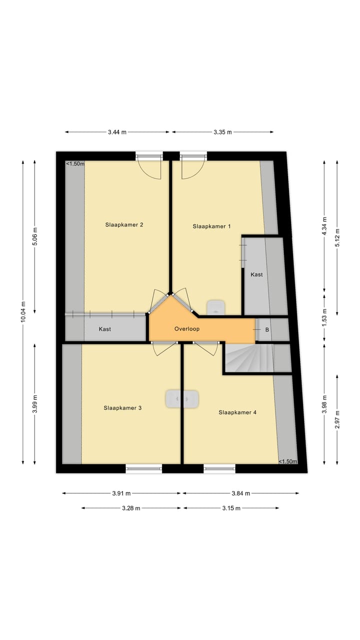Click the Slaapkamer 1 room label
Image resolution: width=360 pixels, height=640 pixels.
[x=211, y=226]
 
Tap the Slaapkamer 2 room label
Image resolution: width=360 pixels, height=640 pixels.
[x=124, y=224]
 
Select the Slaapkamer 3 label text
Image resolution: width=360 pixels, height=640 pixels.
[x=122, y=408]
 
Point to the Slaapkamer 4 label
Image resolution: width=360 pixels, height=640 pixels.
[x=237, y=412]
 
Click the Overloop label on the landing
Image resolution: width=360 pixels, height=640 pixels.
[x=187, y=329]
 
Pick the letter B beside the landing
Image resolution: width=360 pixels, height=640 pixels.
[x=267, y=330]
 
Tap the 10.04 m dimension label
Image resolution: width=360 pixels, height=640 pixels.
[x=22, y=312]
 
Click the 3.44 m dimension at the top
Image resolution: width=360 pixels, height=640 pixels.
[x=117, y=132]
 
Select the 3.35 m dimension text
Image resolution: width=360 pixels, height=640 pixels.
[x=222, y=132]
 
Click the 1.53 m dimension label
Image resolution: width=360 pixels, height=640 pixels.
[x=324, y=318]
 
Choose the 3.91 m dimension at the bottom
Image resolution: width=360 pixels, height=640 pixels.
[x=121, y=493]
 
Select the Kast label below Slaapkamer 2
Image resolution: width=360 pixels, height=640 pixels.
[x=105, y=329]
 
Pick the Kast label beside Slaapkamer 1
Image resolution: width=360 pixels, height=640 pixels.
[x=256, y=274]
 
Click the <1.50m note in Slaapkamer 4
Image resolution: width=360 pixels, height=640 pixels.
[x=287, y=461]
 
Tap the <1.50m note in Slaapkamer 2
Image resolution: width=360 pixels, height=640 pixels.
[x=75, y=163]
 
